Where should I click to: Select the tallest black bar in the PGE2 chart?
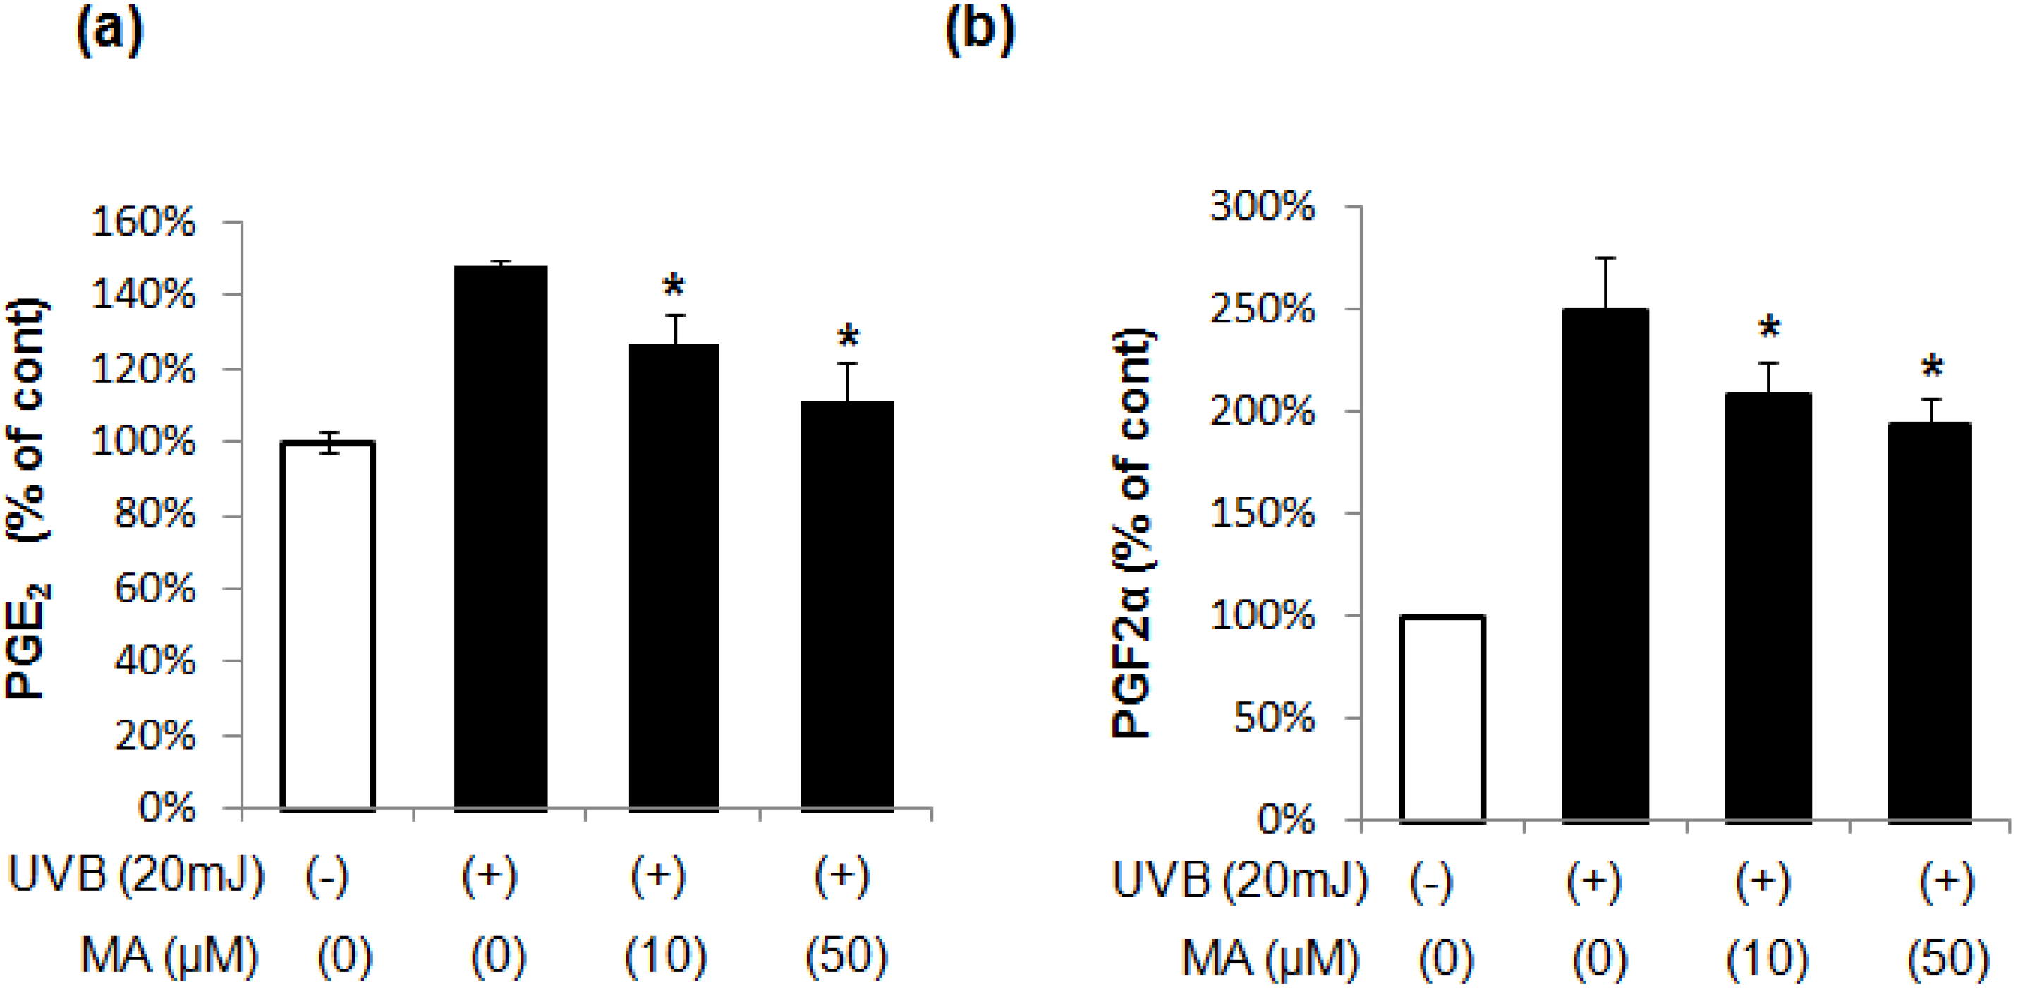click(502, 538)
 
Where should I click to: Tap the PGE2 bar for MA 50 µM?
click(847, 606)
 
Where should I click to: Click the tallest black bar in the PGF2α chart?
click(1605, 565)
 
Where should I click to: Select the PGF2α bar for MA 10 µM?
click(1768, 607)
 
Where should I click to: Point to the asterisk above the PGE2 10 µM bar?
click(674, 286)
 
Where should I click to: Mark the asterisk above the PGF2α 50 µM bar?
click(1932, 367)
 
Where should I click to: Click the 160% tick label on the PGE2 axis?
click(143, 223)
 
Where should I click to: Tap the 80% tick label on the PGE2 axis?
click(154, 515)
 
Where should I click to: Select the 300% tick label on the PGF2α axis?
click(1263, 207)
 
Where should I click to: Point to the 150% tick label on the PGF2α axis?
click(1263, 514)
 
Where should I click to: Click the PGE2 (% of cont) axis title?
click(28, 499)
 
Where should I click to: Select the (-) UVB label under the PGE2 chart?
click(327, 876)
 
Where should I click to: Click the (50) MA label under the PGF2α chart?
click(1947, 958)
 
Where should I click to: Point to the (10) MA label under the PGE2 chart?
click(666, 956)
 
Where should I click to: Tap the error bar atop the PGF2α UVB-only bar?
click(1605, 282)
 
